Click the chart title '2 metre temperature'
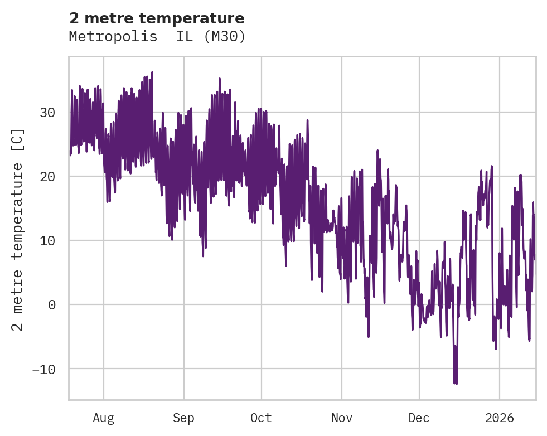click(x=157, y=18)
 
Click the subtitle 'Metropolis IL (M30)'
click(x=157, y=37)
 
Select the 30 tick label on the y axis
click(x=47, y=113)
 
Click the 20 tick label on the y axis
click(x=47, y=177)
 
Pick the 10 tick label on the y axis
click(x=47, y=241)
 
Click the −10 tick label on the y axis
click(x=43, y=369)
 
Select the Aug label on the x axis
click(x=103, y=418)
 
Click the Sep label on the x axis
click(x=183, y=418)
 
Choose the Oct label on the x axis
click(x=261, y=418)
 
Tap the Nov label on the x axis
click(x=342, y=418)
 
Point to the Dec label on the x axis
click(x=419, y=418)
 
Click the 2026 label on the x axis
click(x=500, y=418)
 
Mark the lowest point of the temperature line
click(x=455, y=384)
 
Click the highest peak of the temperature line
click(x=152, y=72)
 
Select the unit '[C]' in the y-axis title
click(x=18, y=139)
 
